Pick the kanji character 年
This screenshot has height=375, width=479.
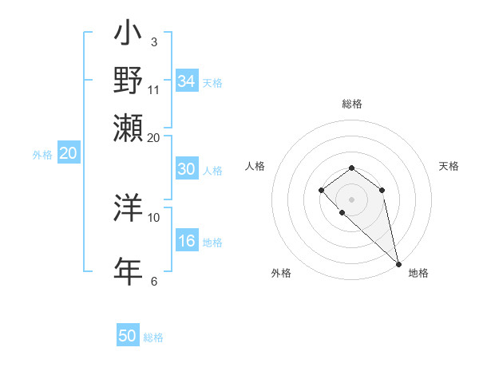(128, 270)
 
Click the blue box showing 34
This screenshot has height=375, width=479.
(187, 81)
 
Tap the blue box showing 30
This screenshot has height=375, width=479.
(187, 169)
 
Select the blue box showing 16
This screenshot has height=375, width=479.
(187, 242)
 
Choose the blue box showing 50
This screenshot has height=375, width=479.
(128, 336)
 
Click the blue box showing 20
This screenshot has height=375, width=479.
(68, 154)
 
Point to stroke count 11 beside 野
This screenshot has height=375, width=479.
(154, 89)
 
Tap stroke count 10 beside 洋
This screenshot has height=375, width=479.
(154, 217)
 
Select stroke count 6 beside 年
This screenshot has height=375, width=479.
(154, 280)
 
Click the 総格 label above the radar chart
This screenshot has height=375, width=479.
(352, 104)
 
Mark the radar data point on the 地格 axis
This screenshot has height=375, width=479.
(398, 264)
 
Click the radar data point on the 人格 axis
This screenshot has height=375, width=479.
(321, 190)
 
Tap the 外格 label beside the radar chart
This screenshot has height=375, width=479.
(281, 273)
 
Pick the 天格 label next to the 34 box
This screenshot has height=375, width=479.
(212, 82)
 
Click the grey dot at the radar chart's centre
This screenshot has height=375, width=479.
(351, 199)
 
